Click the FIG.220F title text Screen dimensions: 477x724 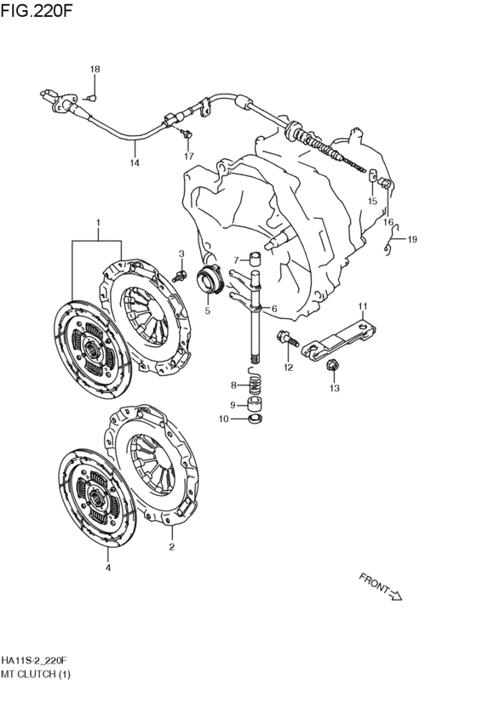[37, 10]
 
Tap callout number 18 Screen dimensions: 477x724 [95, 69]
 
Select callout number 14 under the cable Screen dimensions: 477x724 [135, 162]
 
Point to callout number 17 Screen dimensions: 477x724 [188, 156]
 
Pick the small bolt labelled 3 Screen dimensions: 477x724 [180, 276]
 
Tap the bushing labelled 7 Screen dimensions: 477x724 [256, 259]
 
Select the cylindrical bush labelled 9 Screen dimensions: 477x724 [256, 403]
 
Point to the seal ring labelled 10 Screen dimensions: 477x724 [256, 419]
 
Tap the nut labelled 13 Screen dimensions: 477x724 [332, 365]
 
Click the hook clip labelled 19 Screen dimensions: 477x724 [391, 239]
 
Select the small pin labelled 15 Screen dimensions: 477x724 [372, 176]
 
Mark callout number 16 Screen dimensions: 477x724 [388, 222]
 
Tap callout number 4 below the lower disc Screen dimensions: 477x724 [107, 568]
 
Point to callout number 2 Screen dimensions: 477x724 [171, 547]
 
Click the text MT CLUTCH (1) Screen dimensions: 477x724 [36, 674]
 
